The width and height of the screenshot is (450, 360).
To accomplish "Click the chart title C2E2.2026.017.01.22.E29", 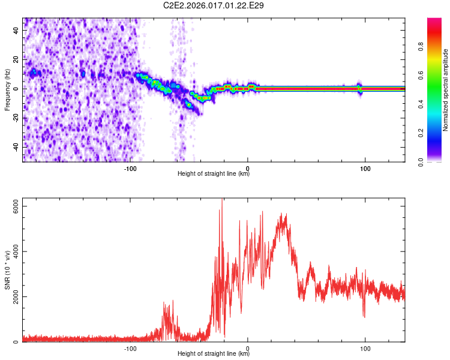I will pyautogui.click(x=214, y=5).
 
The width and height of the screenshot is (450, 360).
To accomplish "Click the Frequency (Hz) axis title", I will pyautogui.click(x=7, y=89).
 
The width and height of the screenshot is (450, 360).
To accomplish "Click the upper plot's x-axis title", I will pyautogui.click(x=214, y=174).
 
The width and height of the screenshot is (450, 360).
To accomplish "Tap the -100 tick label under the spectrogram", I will pyautogui.click(x=130, y=169).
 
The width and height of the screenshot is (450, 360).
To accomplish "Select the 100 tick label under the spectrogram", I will pyautogui.click(x=365, y=169).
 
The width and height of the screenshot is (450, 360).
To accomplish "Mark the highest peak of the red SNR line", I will pyautogui.click(x=223, y=200).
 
